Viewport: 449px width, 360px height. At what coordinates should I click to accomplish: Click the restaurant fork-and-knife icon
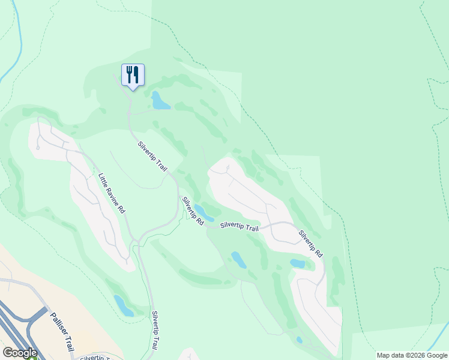pyautogui.click(x=133, y=75)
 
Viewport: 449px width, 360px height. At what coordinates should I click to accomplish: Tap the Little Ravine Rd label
pyautogui.click(x=112, y=193)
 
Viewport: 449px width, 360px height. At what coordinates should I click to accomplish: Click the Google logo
pyautogui.click(x=20, y=353)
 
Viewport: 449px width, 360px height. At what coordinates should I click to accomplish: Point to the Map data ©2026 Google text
pyautogui.click(x=412, y=355)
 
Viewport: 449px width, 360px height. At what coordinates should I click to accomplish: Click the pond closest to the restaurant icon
pyautogui.click(x=160, y=101)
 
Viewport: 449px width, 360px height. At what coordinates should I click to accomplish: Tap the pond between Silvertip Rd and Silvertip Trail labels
pyautogui.click(x=203, y=212)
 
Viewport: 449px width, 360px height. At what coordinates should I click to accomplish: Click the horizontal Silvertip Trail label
pyautogui.click(x=240, y=226)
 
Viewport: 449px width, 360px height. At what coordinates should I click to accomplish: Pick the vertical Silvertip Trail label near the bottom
pyautogui.click(x=155, y=330)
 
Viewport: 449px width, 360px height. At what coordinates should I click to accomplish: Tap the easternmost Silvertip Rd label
pyautogui.click(x=311, y=244)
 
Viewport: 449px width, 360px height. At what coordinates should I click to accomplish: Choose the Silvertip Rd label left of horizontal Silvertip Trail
pyautogui.click(x=193, y=211)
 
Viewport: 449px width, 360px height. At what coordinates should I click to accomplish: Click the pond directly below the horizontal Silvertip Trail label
pyautogui.click(x=239, y=259)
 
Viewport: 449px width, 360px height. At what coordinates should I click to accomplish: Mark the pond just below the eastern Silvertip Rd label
pyautogui.click(x=298, y=263)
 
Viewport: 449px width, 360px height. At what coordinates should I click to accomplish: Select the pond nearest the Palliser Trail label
pyautogui.click(x=123, y=305)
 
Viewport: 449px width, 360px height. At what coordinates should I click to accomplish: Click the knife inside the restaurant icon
pyautogui.click(x=136, y=74)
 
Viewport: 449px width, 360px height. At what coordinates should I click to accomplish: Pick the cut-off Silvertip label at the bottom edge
pyautogui.click(x=93, y=358)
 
